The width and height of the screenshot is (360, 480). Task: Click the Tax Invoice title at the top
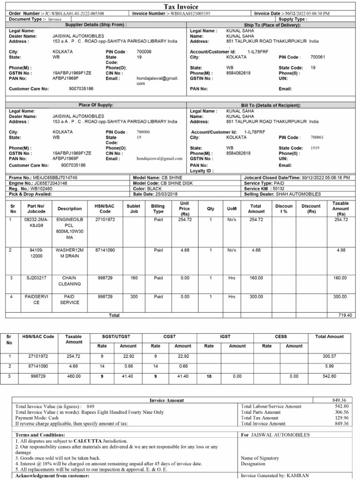(x=180, y=7)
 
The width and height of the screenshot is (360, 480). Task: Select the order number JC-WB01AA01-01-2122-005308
(x=75, y=14)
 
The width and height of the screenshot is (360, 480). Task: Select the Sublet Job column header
(x=134, y=209)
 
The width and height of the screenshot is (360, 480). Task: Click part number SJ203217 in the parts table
(x=37, y=277)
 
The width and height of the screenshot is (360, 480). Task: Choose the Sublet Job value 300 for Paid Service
(x=134, y=297)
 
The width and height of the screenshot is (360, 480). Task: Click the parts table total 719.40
(x=345, y=315)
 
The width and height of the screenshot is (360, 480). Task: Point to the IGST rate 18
(x=210, y=376)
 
